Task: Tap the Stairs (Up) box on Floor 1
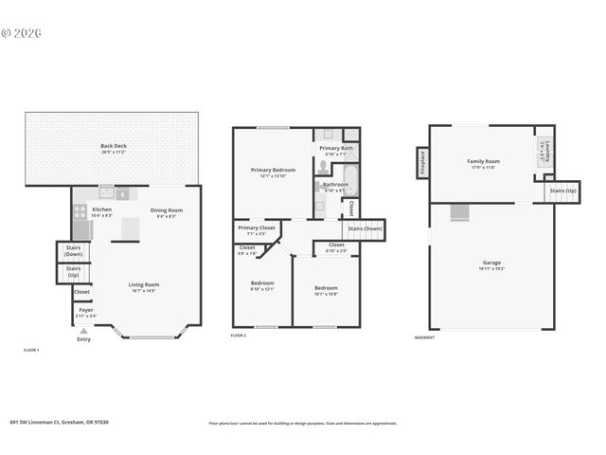pyautogui.click(x=73, y=272)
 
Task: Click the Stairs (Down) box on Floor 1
pyautogui.click(x=73, y=252)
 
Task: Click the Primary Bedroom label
pyautogui.click(x=273, y=173)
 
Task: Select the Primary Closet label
pyautogui.click(x=256, y=229)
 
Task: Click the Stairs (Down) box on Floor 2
pyautogui.click(x=365, y=228)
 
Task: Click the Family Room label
pyautogui.click(x=482, y=163)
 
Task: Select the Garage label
pyautogui.click(x=491, y=264)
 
